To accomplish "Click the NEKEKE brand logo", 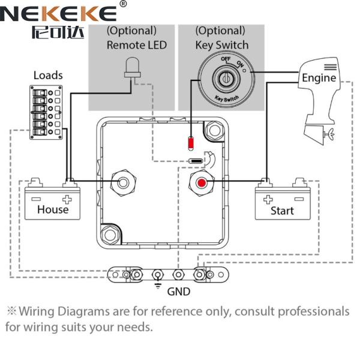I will point(59,13).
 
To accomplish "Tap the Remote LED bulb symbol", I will point(133,68).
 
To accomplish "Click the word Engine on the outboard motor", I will point(319,78).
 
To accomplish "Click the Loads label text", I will point(48,76).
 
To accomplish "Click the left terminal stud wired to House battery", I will point(124,182).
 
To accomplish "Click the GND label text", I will point(179,292).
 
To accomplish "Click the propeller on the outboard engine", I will point(328,137).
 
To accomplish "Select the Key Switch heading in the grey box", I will point(221,45).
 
